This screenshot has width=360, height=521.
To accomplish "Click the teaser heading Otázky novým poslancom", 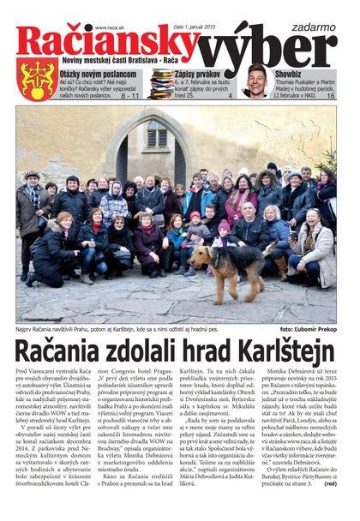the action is point(97,74).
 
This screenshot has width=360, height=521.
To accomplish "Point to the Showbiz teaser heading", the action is point(291,74).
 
